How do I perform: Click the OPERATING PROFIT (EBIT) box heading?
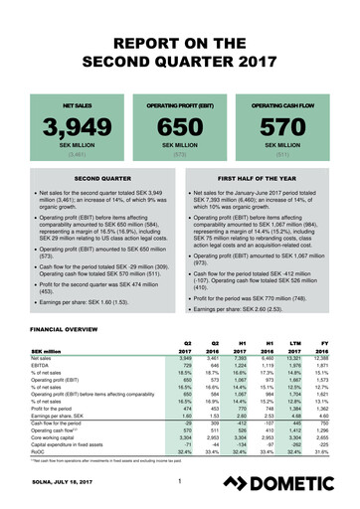180,102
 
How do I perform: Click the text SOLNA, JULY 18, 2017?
61,485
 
